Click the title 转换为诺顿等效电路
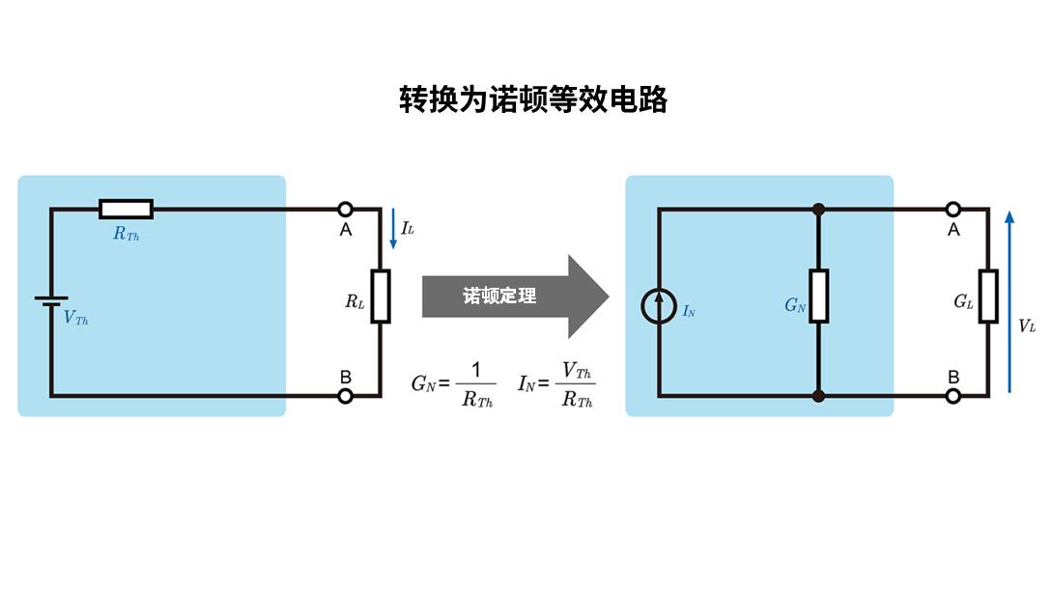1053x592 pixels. pyautogui.click(x=533, y=99)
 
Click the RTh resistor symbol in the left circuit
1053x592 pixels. pyautogui.click(x=126, y=209)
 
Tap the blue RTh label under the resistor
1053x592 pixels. pyautogui.click(x=126, y=234)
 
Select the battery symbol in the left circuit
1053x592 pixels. pyautogui.click(x=51, y=302)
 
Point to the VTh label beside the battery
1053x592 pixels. pyautogui.click(x=76, y=318)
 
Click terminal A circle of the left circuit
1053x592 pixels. pyautogui.click(x=344, y=209)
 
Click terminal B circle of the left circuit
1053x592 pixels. pyautogui.click(x=344, y=395)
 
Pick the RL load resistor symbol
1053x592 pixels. pyautogui.click(x=381, y=296)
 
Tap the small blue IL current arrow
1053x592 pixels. pyautogui.click(x=393, y=229)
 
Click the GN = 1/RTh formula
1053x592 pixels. pyautogui.click(x=453, y=384)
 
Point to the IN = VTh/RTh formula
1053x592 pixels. pyautogui.click(x=555, y=384)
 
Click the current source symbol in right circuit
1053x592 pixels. pyautogui.click(x=659, y=307)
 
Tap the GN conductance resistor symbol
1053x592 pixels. pyautogui.click(x=819, y=296)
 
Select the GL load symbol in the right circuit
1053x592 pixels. pyautogui.click(x=987, y=296)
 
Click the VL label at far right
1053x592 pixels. pyautogui.click(x=1027, y=326)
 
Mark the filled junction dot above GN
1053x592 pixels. pyautogui.click(x=819, y=209)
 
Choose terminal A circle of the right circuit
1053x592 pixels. pyautogui.click(x=953, y=209)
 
